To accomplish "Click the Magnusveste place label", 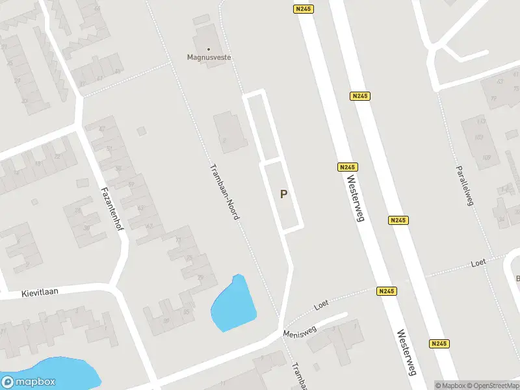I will tap(209, 58).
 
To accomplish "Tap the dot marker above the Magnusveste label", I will tap(209, 49).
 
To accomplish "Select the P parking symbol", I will tap(283, 194).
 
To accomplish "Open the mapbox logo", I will tap(29, 382).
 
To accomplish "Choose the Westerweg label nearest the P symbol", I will tap(354, 198).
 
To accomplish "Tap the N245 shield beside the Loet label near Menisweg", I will tap(386, 291).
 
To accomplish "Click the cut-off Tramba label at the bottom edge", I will tap(298, 375).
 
